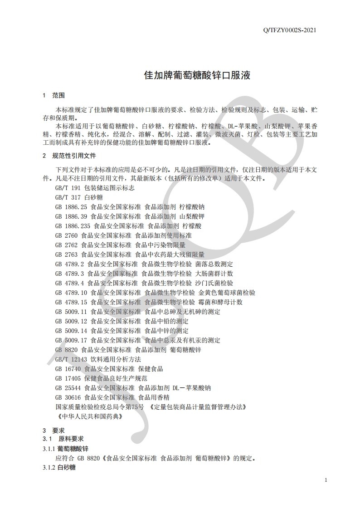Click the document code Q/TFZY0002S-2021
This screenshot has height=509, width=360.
289,30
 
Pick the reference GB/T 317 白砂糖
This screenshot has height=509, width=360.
79,197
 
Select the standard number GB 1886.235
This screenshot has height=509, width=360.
73,226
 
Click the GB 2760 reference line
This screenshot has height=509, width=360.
123,235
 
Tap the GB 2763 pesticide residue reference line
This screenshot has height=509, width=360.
130,254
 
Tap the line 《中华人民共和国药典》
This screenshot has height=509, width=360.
89,416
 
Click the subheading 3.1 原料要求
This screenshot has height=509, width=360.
63,439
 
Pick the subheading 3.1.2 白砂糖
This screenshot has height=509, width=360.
59,467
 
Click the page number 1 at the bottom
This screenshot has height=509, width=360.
326,480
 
